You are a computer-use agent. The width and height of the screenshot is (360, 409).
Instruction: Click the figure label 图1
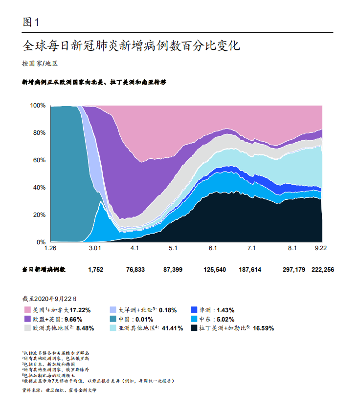pyautogui.click(x=30, y=22)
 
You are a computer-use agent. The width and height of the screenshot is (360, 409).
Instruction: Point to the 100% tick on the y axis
pyautogui.click(x=38, y=106)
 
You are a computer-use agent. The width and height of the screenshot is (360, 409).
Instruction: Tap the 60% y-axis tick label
pyautogui.click(x=39, y=160)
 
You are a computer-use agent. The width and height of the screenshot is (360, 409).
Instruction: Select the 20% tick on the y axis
pyautogui.click(x=39, y=215)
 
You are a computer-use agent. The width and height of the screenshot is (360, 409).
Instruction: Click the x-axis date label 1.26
pyautogui.click(x=50, y=249)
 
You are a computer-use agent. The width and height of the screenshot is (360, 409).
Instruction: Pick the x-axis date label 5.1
pyautogui.click(x=173, y=249)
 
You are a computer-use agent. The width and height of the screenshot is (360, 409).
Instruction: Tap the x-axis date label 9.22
pyautogui.click(x=320, y=249)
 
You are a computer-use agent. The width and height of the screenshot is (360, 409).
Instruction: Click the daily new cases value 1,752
pyautogui.click(x=95, y=270)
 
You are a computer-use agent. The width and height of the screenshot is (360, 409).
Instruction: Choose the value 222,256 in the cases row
pyautogui.click(x=323, y=270)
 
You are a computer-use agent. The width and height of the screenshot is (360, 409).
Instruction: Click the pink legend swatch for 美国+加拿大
pyautogui.click(x=27, y=310)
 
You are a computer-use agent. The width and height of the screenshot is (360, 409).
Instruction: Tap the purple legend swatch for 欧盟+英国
pyautogui.click(x=27, y=319)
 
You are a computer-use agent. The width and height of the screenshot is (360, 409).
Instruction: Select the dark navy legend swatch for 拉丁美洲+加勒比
pyautogui.click(x=193, y=328)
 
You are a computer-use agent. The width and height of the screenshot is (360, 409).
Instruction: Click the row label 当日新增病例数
pyautogui.click(x=44, y=270)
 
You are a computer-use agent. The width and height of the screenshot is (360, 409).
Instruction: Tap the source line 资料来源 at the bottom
pyautogui.click(x=59, y=390)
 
